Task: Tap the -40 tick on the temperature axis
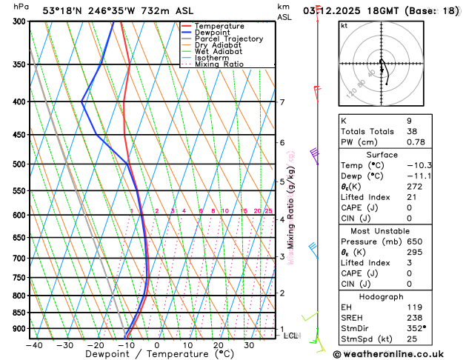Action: (33, 344)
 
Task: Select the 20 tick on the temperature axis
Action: (219, 344)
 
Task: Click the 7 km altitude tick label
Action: (282, 102)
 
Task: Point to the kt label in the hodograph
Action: (344, 25)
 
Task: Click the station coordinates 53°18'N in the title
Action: (61, 10)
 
